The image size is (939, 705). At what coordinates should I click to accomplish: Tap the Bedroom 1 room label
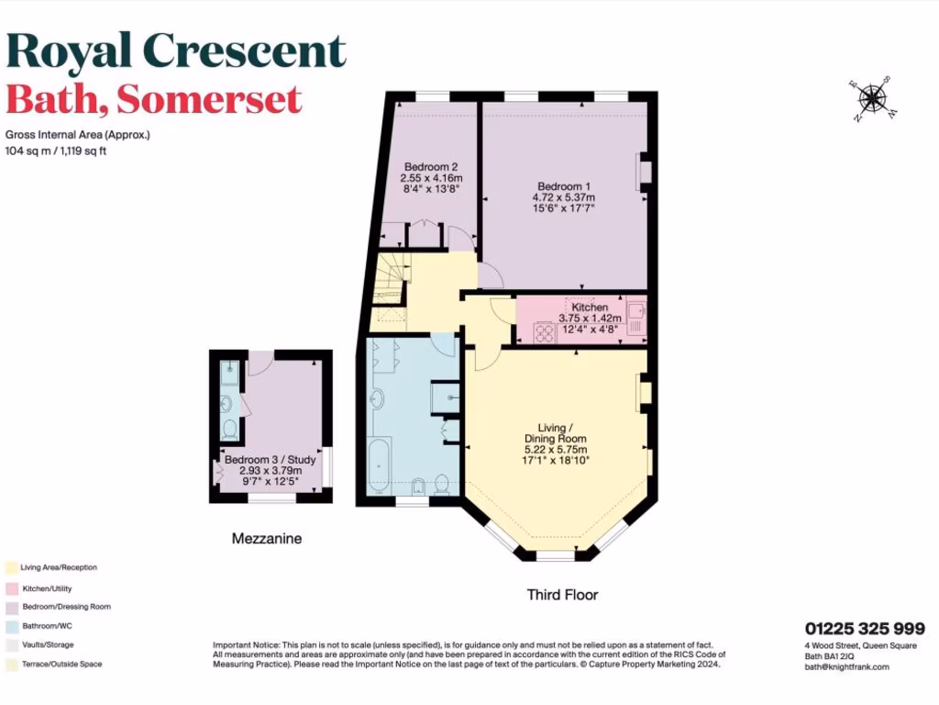point(564,196)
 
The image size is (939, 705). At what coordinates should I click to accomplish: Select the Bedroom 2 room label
point(431,177)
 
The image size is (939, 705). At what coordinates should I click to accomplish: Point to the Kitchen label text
point(590,308)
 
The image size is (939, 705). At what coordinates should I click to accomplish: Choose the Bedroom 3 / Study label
point(271,460)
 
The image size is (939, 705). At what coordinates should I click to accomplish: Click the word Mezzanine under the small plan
point(267,539)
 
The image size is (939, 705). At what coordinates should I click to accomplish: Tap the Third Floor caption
point(562,595)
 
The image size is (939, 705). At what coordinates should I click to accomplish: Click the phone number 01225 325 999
point(865,629)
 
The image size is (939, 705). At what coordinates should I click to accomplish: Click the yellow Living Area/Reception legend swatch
point(10,567)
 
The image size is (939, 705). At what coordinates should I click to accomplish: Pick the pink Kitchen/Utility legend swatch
point(10,587)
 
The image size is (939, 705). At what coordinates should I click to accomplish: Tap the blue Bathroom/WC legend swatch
point(10,626)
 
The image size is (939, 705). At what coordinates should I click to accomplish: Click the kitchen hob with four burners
point(545,332)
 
